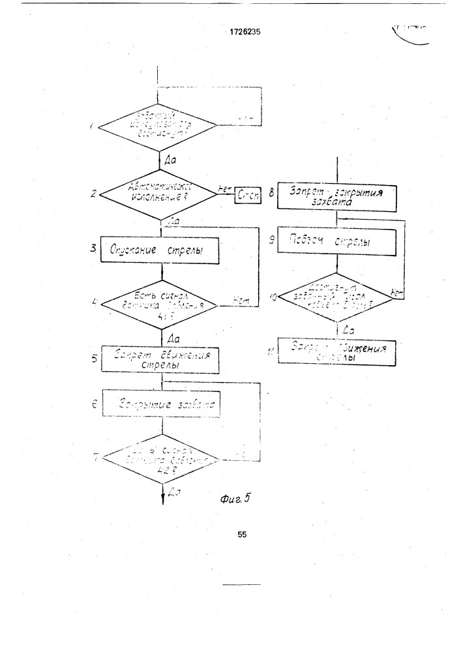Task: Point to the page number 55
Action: pos(242,534)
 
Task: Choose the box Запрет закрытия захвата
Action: pos(336,197)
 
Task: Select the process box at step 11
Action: pos(336,352)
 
